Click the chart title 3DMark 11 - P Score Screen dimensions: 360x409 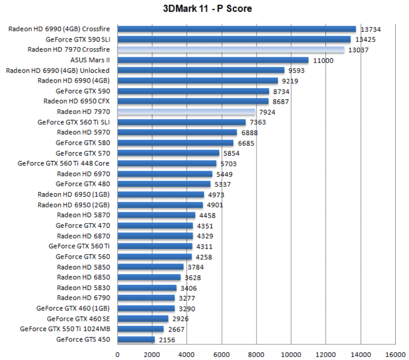pos(208,9)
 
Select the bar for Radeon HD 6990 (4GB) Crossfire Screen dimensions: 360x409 pos(237,29)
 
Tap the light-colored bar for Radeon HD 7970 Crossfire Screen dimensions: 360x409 pos(231,49)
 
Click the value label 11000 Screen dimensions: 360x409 pos(323,60)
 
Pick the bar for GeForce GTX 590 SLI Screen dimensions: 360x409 pos(234,39)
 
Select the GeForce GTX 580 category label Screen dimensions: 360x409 pos(83,143)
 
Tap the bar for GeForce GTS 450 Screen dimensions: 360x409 pos(136,339)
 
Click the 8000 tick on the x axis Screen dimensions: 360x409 pos(256,354)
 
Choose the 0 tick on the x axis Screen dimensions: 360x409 pos(117,354)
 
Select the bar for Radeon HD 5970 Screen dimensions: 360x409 pos(177,133)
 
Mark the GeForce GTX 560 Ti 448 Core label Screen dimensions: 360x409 pos(64,163)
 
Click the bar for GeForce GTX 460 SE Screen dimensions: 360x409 pos(143,319)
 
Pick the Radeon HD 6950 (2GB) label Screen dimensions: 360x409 pos(73,205)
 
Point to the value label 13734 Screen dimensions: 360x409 pos(370,29)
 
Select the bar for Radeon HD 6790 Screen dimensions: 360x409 pos(146,298)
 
